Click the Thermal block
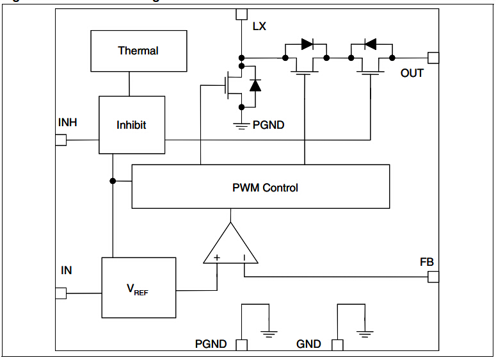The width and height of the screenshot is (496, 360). tap(138, 51)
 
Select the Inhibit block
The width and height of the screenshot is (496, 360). tap(131, 125)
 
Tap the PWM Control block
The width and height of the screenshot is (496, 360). tap(260, 186)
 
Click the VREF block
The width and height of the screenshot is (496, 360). tap(139, 287)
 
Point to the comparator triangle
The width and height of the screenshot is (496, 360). tap(231, 247)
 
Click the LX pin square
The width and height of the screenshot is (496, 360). tap(241, 14)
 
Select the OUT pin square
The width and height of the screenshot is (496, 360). tap(433, 58)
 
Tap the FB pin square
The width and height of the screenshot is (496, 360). tap(433, 277)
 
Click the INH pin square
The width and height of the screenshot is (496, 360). tap(61, 140)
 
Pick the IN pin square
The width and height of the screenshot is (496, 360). tap(61, 293)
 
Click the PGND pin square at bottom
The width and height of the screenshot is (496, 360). tap(241, 345)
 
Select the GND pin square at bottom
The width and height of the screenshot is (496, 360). tap(337, 345)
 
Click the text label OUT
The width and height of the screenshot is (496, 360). tap(412, 73)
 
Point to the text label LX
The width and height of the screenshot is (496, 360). tap(259, 26)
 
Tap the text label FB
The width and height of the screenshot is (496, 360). tap(427, 262)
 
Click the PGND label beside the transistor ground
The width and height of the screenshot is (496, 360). tap(268, 126)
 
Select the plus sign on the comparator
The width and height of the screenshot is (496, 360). tap(217, 258)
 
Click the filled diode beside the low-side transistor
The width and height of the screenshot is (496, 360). tap(255, 85)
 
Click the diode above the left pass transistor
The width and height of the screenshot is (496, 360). tap(307, 45)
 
